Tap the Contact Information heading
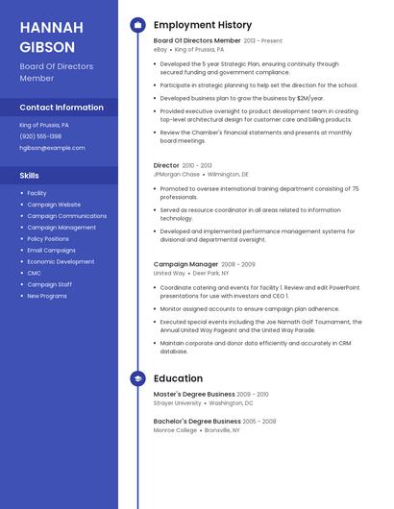click(62, 108)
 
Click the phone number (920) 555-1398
click(40, 136)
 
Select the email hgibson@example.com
click(52, 148)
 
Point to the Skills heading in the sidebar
click(30, 176)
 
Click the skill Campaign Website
click(54, 205)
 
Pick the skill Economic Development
click(61, 261)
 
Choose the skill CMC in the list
click(35, 273)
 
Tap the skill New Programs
click(47, 296)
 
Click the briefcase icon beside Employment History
click(137, 25)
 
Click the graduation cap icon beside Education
click(137, 378)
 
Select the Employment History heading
click(203, 25)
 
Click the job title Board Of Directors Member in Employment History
click(197, 41)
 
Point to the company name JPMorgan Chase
click(177, 175)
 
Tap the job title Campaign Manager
click(185, 264)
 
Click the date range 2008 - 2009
click(238, 264)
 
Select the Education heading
click(178, 378)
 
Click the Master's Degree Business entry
click(194, 395)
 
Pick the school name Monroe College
click(175, 430)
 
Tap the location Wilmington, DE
click(228, 175)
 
